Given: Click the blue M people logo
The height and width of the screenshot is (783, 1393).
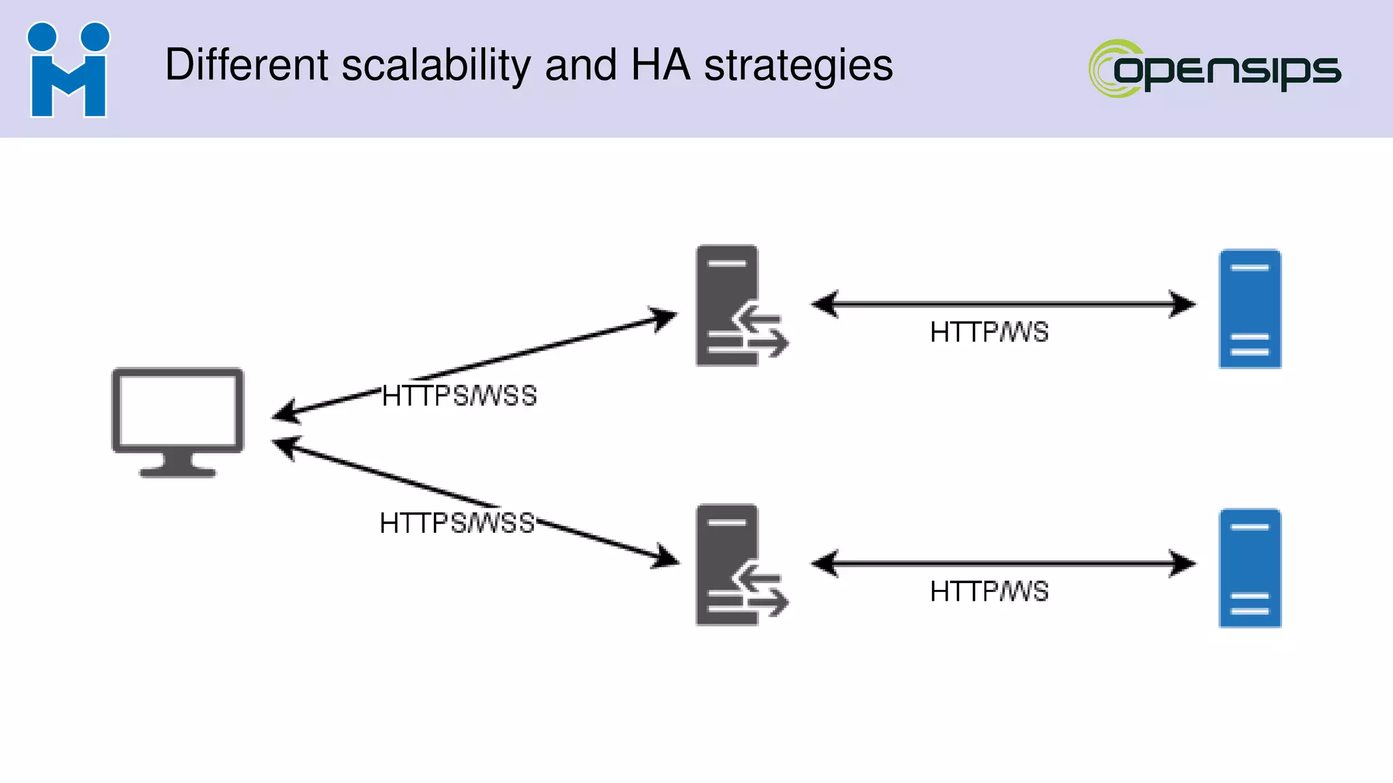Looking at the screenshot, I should coord(68,70).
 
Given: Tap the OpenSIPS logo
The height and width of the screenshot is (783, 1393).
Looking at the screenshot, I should coord(1215,69).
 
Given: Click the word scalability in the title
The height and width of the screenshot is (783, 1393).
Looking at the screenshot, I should coord(435,65).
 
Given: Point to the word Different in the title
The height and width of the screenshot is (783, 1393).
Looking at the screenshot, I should coord(247,65).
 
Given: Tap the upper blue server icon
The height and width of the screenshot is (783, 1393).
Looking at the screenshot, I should coord(1249,309).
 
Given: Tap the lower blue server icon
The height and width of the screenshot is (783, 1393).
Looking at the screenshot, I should coord(1249,568).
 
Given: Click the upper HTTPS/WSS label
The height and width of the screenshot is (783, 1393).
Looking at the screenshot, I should coord(459,396).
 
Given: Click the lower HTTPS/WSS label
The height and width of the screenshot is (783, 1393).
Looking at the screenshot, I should coord(457,523).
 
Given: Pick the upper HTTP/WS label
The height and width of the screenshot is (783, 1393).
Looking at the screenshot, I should coord(989,332).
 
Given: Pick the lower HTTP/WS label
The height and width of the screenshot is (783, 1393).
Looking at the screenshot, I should coord(989,591).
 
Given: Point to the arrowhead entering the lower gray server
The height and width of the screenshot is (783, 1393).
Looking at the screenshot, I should coord(665,558).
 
